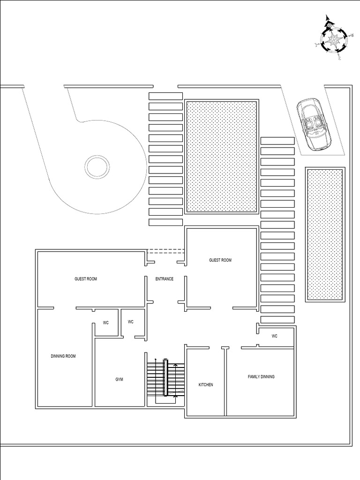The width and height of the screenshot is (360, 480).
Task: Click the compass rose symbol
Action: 334,38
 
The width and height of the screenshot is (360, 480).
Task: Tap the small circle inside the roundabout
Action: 97,166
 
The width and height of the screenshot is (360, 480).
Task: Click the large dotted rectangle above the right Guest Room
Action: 222,157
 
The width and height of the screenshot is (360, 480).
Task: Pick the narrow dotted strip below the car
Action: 325,234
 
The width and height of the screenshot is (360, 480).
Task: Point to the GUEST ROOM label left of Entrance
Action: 86,279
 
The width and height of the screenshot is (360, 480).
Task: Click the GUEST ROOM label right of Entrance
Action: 220,260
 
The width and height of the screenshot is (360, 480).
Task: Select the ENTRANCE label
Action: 165,279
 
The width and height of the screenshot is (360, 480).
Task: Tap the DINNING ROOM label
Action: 63,356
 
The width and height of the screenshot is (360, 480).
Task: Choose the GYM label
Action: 119,379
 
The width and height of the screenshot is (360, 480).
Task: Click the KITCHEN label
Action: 206,385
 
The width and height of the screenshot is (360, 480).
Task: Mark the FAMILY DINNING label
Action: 261,377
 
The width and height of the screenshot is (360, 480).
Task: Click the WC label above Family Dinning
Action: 275,336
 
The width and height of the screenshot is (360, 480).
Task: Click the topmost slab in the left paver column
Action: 165,96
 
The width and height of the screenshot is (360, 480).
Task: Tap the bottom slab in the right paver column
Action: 277,320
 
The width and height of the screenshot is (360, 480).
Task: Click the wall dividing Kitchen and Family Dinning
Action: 225,382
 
